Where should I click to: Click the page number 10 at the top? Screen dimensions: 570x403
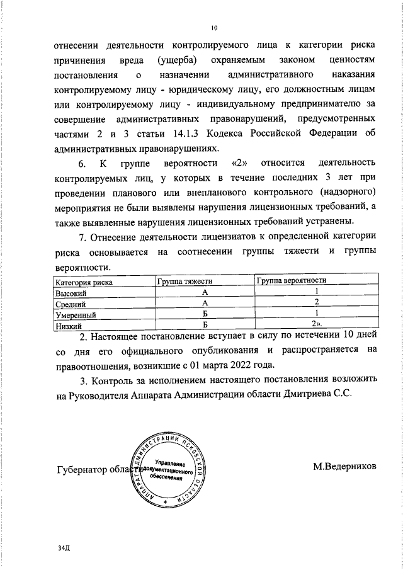coord(214,28)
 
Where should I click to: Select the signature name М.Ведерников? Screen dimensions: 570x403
coord(344,467)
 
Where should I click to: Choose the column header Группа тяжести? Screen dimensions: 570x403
coord(185,282)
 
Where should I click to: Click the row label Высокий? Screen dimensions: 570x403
coord(71,294)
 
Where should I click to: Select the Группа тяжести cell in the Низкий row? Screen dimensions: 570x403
coord(205,325)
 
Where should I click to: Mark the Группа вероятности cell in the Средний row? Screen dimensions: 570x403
coord(315,303)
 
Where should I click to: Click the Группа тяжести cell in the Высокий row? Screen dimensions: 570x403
coord(205,293)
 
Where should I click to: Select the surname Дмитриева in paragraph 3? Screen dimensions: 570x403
coord(310,394)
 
